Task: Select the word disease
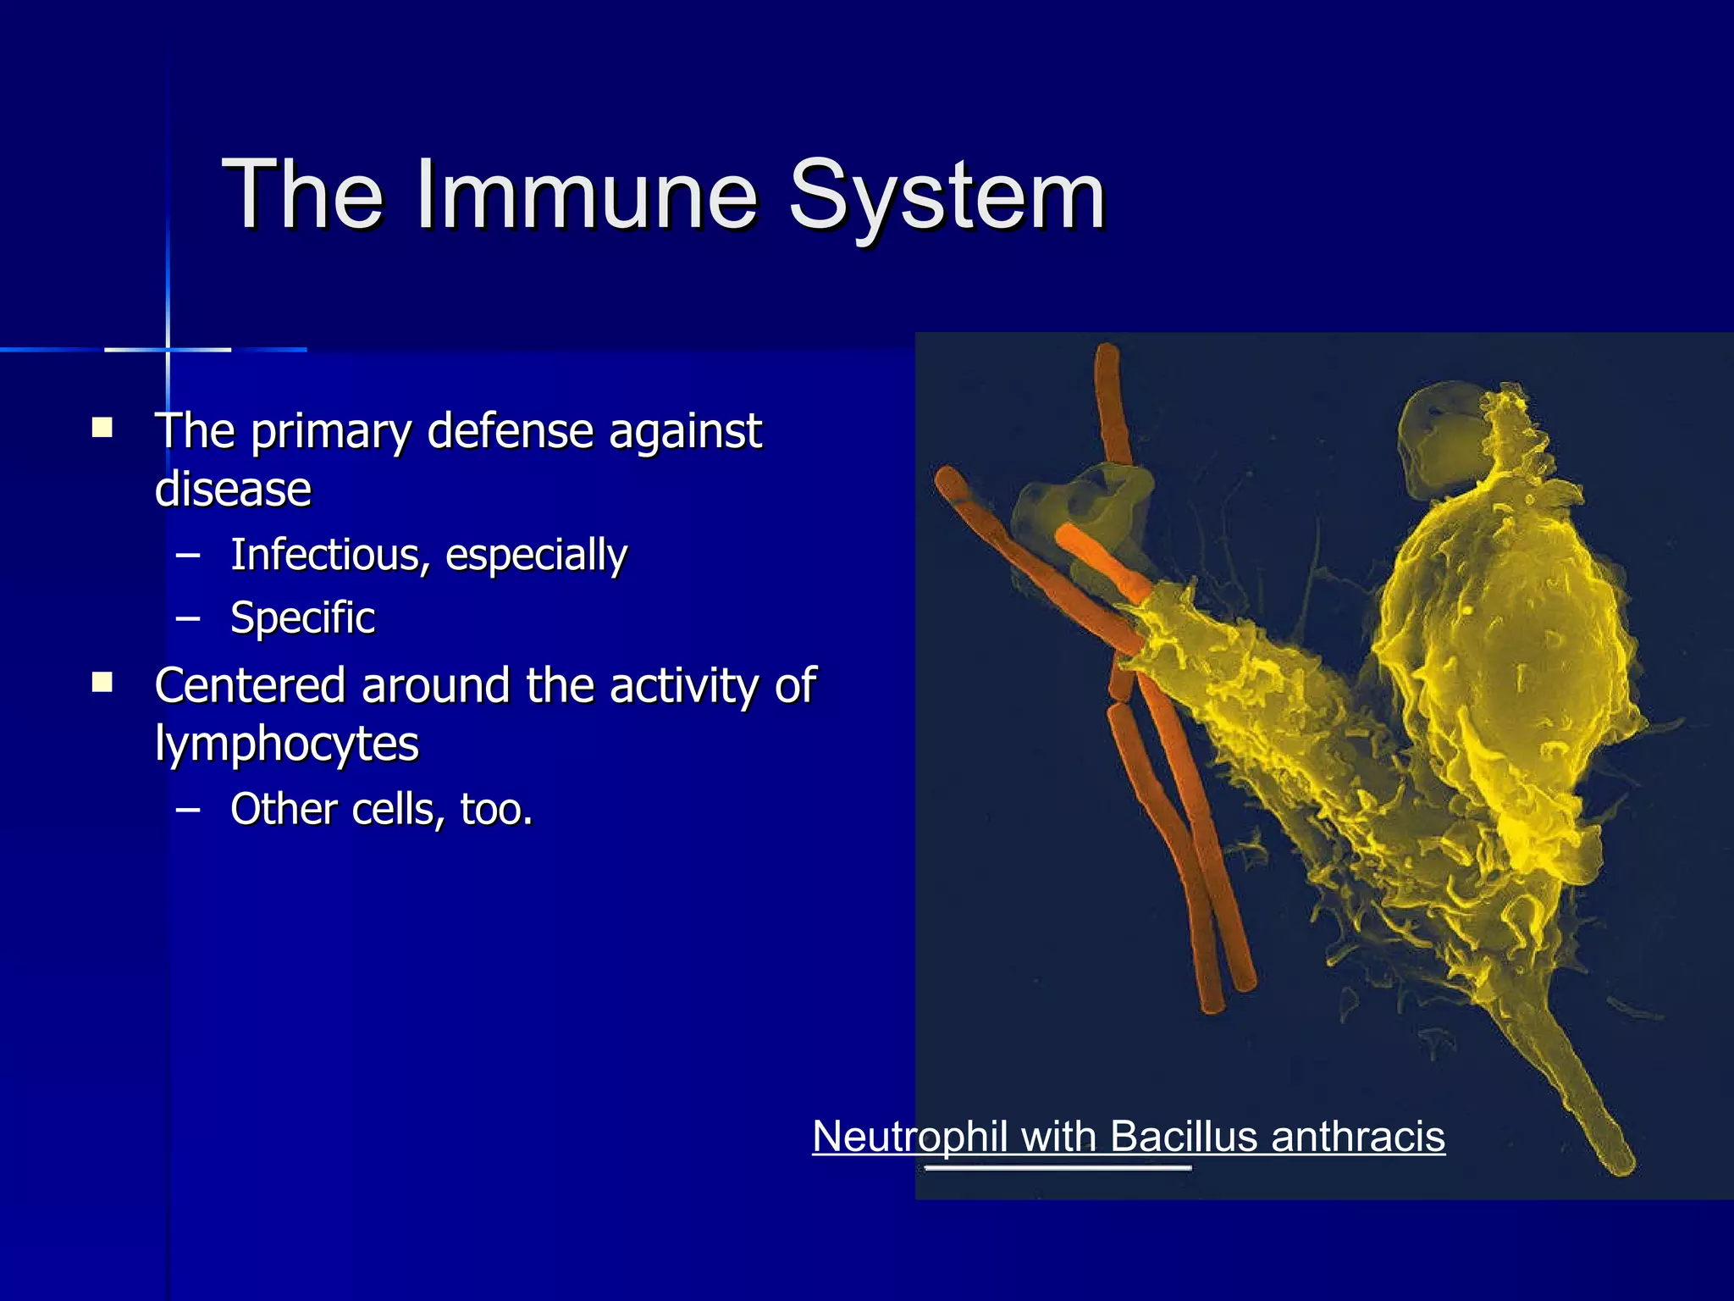[233, 490]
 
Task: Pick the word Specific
[302, 617]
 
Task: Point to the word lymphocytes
[286, 745]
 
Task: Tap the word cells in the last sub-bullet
[393, 809]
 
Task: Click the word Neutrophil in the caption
[911, 1136]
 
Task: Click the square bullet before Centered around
[102, 682]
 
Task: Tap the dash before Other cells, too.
[188, 810]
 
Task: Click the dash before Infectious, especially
[188, 556]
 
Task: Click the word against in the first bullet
[685, 431]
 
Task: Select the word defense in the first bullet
[510, 431]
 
